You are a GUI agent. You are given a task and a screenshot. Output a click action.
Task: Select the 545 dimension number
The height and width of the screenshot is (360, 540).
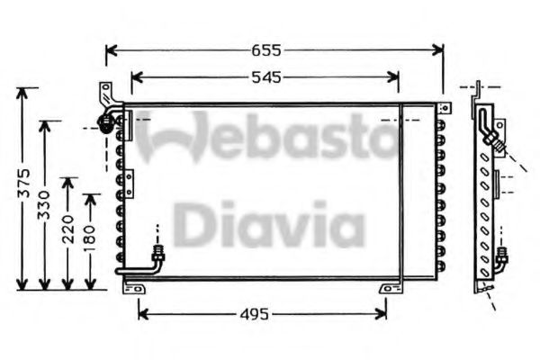pos(265,77)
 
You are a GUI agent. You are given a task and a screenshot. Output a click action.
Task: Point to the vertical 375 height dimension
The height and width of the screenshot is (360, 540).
pos(26,185)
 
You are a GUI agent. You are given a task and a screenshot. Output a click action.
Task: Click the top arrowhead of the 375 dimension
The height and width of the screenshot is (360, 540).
pos(27,91)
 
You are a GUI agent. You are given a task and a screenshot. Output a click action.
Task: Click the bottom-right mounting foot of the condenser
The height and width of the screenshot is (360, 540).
pos(389,288)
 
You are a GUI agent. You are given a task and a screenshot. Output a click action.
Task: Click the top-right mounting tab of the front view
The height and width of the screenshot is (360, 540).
pos(445,106)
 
